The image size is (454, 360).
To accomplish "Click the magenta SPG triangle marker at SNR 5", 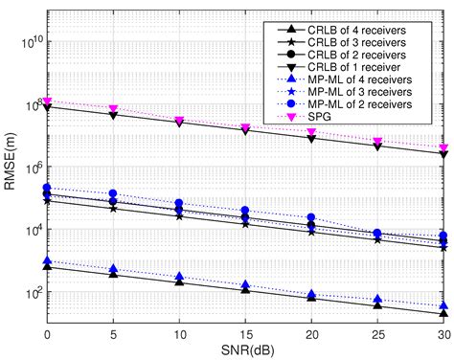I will coord(113,109).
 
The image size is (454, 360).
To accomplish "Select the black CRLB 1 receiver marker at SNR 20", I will coord(311,139).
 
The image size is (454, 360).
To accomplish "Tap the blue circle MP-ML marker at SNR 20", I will coord(311,218).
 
